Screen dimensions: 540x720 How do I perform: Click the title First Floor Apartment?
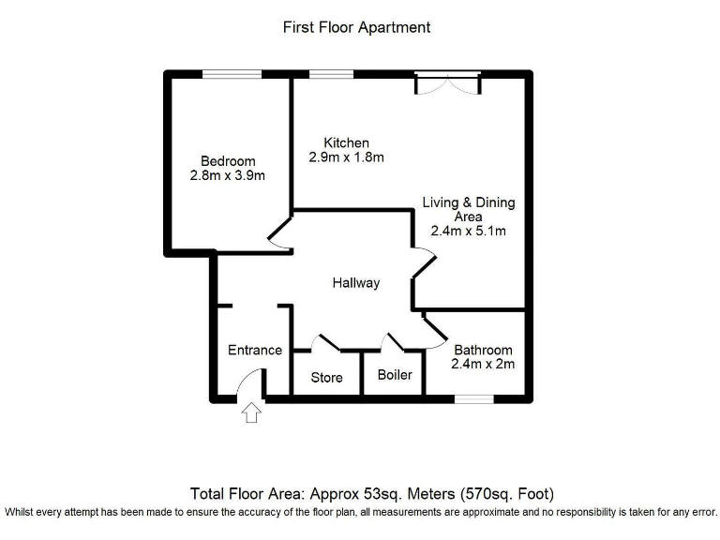tap(356, 27)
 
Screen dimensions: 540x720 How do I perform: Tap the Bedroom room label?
tap(227, 161)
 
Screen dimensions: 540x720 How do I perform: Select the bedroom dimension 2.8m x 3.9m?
tap(227, 175)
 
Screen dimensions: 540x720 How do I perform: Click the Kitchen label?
tap(346, 142)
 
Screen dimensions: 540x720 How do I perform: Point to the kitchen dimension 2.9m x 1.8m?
tap(346, 157)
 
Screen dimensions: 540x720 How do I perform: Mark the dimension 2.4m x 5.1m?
tap(468, 231)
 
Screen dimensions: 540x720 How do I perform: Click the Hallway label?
tap(356, 282)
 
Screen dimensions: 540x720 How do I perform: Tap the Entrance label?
tap(254, 350)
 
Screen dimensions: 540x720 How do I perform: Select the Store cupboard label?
tap(326, 378)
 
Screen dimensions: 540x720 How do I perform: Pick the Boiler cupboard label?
tap(395, 375)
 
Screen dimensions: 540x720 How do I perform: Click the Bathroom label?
tap(483, 350)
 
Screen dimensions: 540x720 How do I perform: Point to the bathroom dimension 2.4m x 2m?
tap(483, 364)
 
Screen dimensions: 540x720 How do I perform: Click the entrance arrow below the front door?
tap(250, 412)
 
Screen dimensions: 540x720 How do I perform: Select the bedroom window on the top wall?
tap(225, 74)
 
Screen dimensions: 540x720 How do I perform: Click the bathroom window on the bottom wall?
tap(473, 399)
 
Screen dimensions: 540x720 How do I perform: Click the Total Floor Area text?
tap(372, 493)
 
